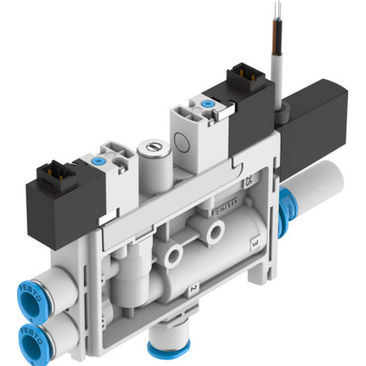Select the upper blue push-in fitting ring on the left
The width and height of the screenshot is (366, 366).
[x=28, y=292]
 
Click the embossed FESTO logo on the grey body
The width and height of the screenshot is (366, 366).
[x=226, y=210]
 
